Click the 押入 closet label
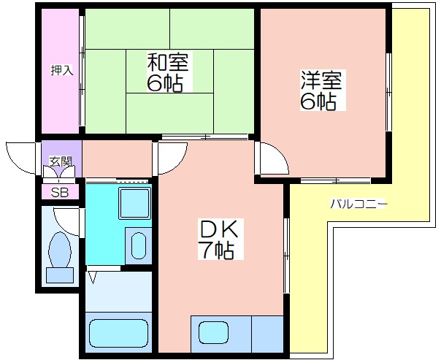point(62,70)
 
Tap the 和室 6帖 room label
point(168,72)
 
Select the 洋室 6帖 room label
point(321,90)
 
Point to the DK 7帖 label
point(219,239)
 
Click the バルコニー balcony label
point(358,204)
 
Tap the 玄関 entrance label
point(61,161)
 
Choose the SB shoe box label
point(59,193)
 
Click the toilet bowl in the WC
point(60,250)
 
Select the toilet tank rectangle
point(60,275)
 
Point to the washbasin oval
point(139,245)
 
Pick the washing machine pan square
point(134,203)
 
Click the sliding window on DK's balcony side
point(286,256)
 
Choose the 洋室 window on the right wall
point(388,92)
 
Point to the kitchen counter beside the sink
point(267,334)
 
